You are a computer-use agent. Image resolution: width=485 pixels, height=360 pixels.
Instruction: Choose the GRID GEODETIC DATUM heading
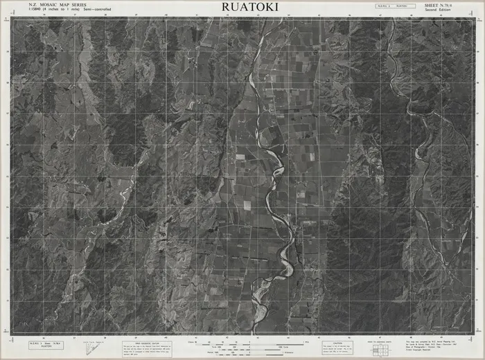[147, 341]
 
